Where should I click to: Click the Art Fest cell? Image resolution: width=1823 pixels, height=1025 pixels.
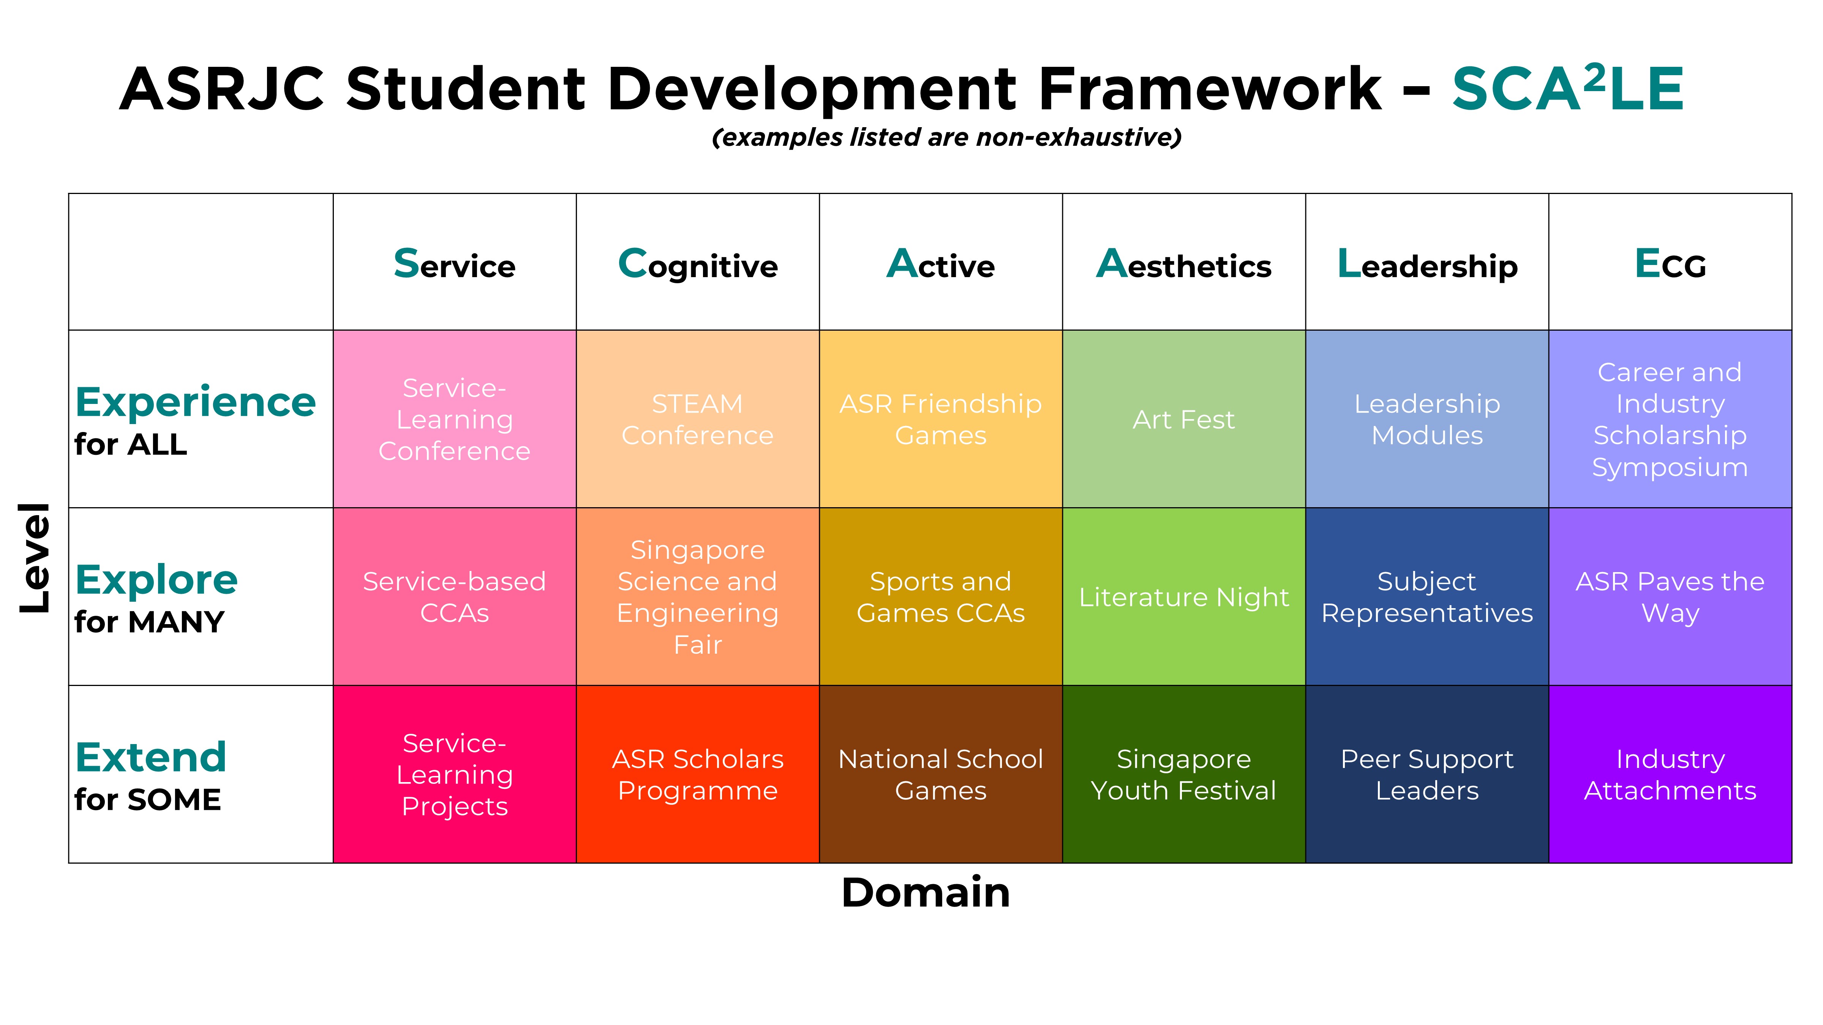tap(1184, 419)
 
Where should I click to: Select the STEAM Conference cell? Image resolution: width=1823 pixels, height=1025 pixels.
tap(698, 419)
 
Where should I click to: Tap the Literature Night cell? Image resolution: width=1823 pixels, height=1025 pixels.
tap(1184, 596)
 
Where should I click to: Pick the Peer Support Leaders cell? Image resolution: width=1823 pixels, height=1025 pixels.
tap(1427, 774)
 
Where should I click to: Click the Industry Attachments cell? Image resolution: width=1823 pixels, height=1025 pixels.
tap(1670, 774)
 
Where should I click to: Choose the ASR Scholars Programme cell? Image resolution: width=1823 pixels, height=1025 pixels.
tap(698, 774)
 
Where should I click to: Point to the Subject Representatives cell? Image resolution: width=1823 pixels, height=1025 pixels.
tap(1427, 596)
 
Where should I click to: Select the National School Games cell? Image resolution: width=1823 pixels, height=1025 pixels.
tap(941, 774)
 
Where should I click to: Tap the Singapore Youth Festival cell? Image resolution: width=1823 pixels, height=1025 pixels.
tap(1184, 774)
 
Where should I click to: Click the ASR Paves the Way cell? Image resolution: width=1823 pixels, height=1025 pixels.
tap(1670, 596)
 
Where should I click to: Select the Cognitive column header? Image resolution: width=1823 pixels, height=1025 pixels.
tap(698, 264)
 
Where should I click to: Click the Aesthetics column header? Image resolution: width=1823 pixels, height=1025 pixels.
tap(1184, 264)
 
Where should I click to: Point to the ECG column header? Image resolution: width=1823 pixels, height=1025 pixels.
tap(1670, 264)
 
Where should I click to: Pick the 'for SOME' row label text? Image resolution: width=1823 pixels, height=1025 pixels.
tap(148, 800)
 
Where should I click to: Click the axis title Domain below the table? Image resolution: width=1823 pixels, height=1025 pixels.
tap(926, 893)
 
